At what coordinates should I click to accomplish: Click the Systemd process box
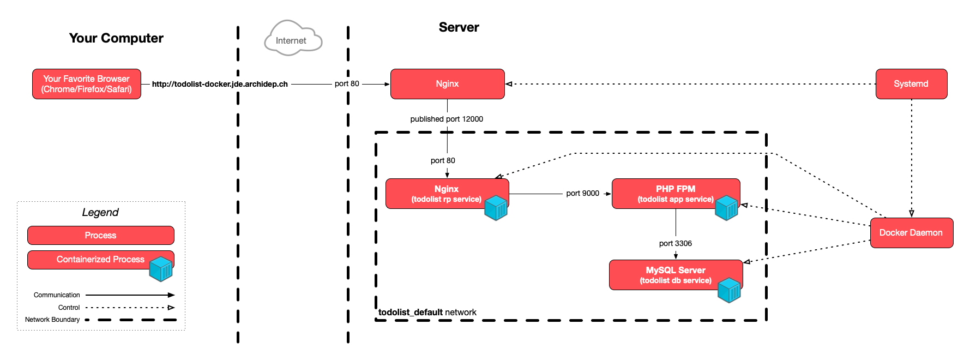[911, 84]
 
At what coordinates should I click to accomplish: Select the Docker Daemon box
[911, 233]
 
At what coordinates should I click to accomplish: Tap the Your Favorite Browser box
[87, 84]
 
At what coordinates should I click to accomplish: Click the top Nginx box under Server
[447, 84]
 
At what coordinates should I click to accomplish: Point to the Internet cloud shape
[293, 40]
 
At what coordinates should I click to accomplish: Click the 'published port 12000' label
[447, 119]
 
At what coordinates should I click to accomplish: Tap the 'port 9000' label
[582, 193]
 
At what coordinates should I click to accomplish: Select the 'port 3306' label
[675, 243]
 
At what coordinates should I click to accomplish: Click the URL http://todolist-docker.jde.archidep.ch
[220, 84]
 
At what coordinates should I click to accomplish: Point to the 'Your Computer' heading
[116, 38]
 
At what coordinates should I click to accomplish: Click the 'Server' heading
[459, 27]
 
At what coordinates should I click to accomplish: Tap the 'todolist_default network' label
[427, 312]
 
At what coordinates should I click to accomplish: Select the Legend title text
[100, 212]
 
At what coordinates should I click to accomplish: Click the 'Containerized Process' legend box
[100, 260]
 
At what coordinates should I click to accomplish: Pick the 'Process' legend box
[100, 236]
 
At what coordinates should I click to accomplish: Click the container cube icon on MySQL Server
[729, 290]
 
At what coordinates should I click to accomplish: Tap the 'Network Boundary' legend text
[52, 320]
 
